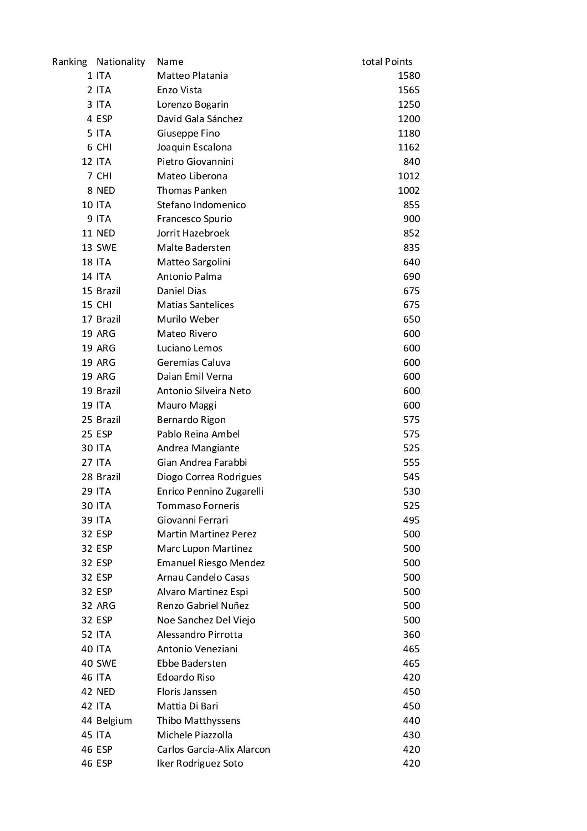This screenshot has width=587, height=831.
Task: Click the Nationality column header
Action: [120, 62]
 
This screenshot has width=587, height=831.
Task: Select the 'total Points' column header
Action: [387, 62]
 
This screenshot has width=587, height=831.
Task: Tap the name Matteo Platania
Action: [192, 75]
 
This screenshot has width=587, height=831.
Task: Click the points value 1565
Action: [409, 90]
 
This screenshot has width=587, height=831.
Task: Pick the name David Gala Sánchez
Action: [199, 119]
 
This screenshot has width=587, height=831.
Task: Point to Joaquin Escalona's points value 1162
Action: [409, 147]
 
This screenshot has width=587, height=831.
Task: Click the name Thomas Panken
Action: [191, 190]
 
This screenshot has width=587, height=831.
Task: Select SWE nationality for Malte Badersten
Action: [106, 248]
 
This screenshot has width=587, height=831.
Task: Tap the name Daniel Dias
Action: [181, 291]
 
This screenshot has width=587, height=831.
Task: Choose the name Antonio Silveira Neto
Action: [204, 391]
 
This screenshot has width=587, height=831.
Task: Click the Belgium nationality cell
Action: [114, 721]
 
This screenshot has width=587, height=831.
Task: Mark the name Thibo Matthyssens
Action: [199, 721]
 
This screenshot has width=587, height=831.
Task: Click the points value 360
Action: [412, 634]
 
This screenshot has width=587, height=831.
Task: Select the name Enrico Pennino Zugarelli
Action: [210, 491]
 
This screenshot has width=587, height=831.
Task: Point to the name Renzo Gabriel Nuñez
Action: [203, 606]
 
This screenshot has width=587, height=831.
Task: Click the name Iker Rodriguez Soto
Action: [200, 763]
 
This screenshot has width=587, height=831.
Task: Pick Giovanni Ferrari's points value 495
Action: [412, 520]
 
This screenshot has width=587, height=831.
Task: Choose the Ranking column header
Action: [69, 62]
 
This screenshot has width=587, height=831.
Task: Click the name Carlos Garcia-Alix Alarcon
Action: [213, 749]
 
